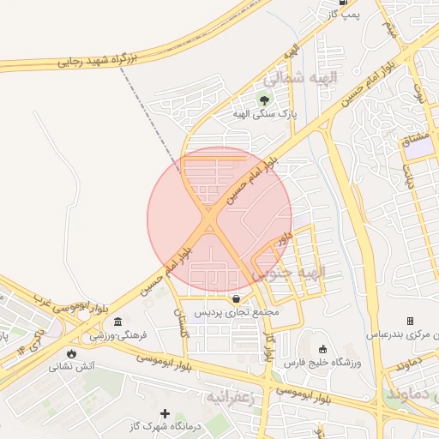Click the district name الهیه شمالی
[x=300, y=78]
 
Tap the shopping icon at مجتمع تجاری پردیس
[x=237, y=298]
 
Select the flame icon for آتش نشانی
[x=70, y=352]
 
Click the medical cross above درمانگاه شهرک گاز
[x=165, y=413]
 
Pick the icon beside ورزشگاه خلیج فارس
[x=322, y=349]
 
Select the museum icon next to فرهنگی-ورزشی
[x=117, y=321]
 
